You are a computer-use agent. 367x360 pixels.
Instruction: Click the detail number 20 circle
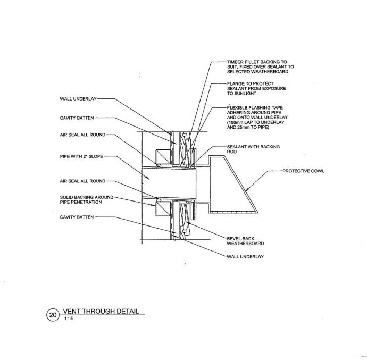(x=53, y=315)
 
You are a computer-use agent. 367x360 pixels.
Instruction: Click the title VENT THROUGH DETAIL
(x=101, y=311)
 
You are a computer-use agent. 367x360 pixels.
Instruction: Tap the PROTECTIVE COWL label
(x=303, y=171)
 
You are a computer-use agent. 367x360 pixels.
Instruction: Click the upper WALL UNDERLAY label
(x=79, y=98)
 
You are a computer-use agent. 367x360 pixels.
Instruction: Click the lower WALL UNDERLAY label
(x=245, y=256)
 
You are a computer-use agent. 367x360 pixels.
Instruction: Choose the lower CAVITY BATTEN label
(x=77, y=217)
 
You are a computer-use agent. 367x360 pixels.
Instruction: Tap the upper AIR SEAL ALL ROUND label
(x=83, y=135)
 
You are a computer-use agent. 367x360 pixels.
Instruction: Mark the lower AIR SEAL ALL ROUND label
(x=83, y=181)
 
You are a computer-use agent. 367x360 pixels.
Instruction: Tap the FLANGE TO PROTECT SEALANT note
(x=251, y=88)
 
